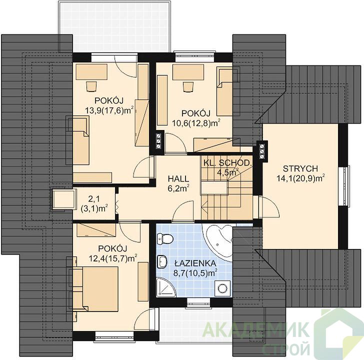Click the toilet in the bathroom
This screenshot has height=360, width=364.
coord(165,239)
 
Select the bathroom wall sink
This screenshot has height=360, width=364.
coord(162,261)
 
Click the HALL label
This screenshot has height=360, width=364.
coord(178,178)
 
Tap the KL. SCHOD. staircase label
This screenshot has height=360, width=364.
coord(227,163)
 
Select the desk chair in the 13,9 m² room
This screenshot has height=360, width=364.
coord(91,86)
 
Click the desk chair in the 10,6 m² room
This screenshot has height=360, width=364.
coord(188,87)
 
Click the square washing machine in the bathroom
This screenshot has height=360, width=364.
coord(223,288)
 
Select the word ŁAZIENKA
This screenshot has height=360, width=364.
coord(195,263)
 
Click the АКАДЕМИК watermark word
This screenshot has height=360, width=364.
coord(256,330)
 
